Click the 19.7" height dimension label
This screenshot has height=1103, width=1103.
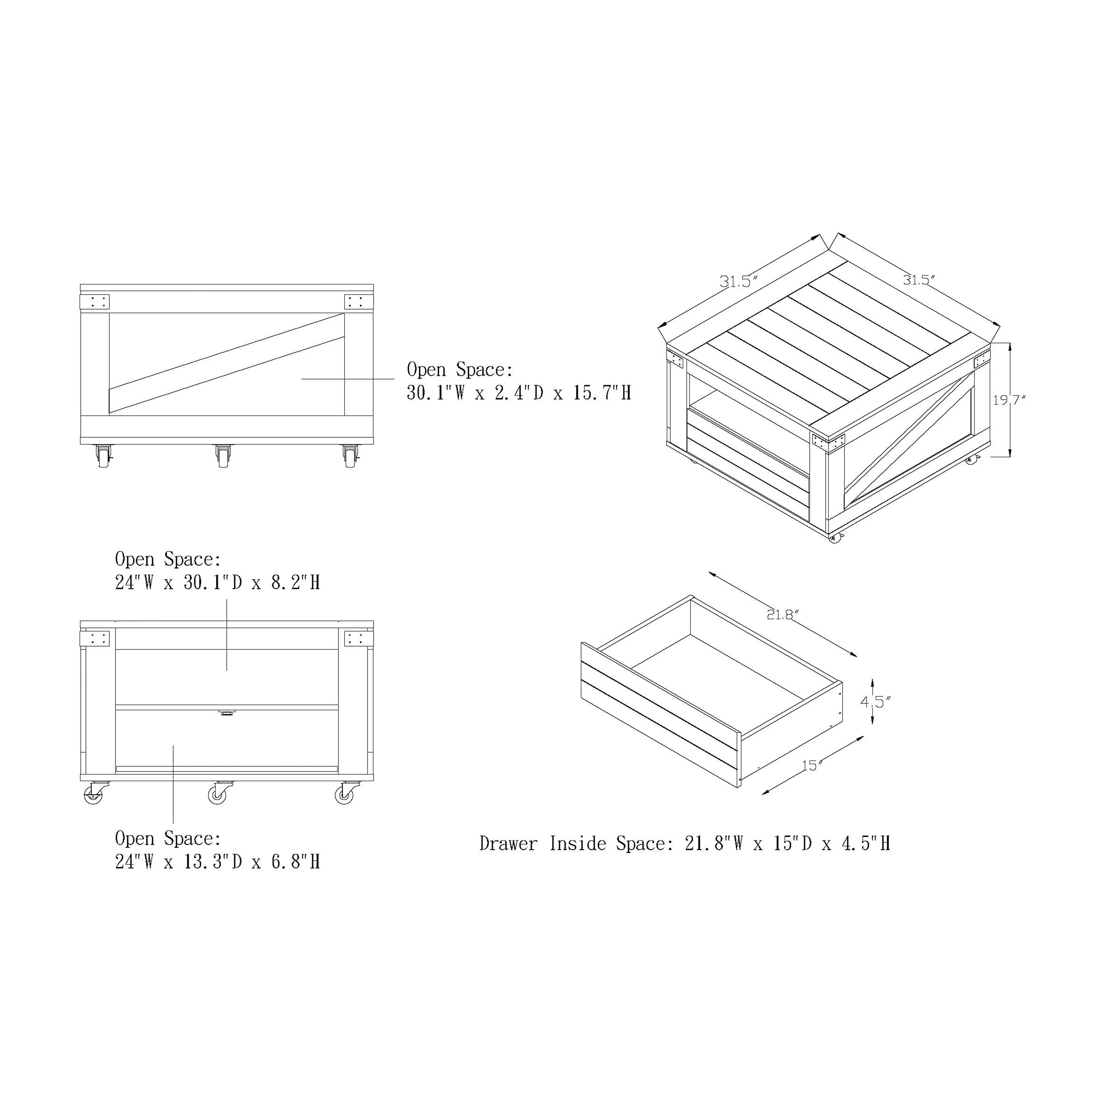pyautogui.click(x=1009, y=400)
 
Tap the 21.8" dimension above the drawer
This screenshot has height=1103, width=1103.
pyautogui.click(x=782, y=615)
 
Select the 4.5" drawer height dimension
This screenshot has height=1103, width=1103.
pyautogui.click(x=875, y=702)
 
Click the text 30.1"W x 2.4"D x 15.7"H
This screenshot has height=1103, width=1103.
pyautogui.click(x=519, y=393)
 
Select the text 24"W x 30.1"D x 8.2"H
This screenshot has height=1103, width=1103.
pyautogui.click(x=218, y=582)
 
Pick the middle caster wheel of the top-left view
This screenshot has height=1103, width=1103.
pyautogui.click(x=223, y=456)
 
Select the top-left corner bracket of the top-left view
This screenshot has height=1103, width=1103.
pyautogui.click(x=95, y=302)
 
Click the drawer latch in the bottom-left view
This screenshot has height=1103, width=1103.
pyautogui.click(x=226, y=713)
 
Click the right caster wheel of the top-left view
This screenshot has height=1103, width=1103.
pyautogui.click(x=350, y=456)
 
